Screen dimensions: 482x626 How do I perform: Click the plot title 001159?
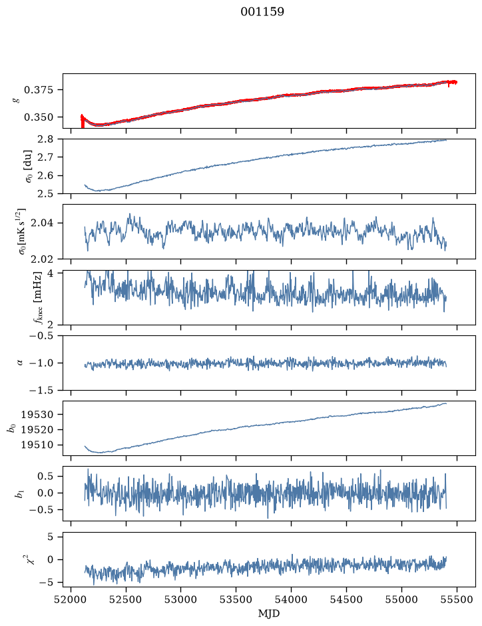[262, 12]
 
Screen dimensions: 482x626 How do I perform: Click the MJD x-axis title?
[269, 613]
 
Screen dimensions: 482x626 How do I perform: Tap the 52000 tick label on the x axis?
[71, 599]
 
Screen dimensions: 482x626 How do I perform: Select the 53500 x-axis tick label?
[236, 599]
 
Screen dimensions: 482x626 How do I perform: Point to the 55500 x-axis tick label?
[457, 599]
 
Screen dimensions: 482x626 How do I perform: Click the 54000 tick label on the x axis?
[291, 599]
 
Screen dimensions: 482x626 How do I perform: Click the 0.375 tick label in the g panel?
[38, 90]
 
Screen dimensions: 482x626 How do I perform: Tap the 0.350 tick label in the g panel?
[38, 117]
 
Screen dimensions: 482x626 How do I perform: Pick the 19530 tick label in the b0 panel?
[37, 415]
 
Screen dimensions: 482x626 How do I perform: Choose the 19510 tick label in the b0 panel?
[37, 445]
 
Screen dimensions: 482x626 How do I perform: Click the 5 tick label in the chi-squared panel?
[50, 537]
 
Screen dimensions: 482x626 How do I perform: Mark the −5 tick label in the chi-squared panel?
[46, 583]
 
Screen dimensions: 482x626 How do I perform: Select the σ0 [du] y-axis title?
[29, 166]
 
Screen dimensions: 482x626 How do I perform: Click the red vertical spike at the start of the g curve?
[83, 121]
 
